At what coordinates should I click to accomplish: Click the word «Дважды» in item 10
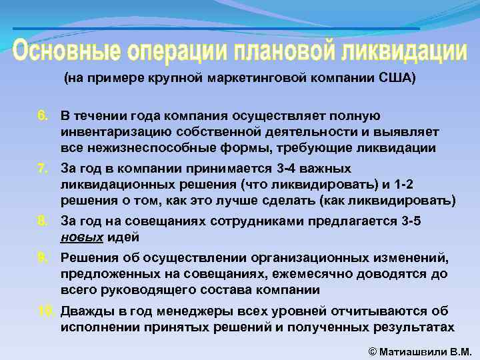tap(85, 311)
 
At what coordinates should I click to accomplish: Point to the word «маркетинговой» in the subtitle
tap(249, 78)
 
